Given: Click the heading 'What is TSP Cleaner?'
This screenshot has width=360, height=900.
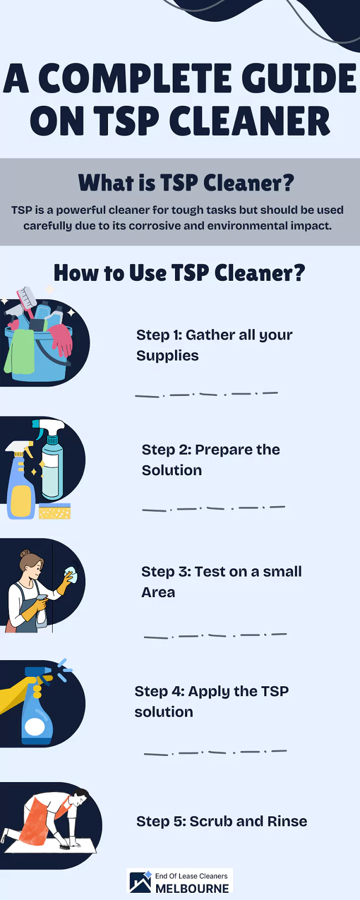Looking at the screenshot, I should (186, 183).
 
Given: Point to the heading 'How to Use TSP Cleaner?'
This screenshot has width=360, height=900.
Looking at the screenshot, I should (179, 273).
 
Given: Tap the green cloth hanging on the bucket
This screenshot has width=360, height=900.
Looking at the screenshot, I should (19, 352).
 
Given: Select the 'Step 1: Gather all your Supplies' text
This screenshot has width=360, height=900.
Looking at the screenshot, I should (214, 345).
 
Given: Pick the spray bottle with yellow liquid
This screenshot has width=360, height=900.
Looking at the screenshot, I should (20, 487).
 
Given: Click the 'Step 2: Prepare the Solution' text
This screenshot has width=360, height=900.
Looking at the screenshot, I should (210, 460).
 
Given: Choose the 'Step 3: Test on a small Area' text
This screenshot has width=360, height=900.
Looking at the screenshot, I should (221, 582).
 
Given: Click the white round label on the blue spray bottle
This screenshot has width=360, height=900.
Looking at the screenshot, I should (35, 726).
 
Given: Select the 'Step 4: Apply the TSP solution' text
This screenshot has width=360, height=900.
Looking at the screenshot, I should (212, 701).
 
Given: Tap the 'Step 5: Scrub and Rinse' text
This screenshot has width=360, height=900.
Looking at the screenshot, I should (222, 821).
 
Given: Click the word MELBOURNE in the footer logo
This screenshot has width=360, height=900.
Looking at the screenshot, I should (192, 888).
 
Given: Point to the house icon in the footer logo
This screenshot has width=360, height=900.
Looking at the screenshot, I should (140, 882).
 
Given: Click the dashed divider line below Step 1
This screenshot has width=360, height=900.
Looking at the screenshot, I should (206, 394).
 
